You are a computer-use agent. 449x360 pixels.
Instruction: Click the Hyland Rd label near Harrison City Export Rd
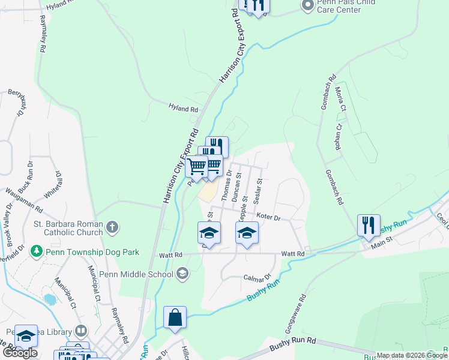click(183, 109)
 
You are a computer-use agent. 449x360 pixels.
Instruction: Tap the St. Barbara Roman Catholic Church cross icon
click(112, 227)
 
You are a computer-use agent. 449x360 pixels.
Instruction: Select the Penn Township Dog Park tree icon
click(37, 250)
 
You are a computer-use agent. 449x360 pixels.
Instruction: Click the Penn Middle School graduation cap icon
click(182, 274)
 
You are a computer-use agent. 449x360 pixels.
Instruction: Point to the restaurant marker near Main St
click(368, 226)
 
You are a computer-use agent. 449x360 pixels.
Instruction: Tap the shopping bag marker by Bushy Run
click(175, 317)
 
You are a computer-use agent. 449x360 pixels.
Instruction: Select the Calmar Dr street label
click(258, 278)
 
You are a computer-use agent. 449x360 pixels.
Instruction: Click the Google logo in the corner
click(19, 353)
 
